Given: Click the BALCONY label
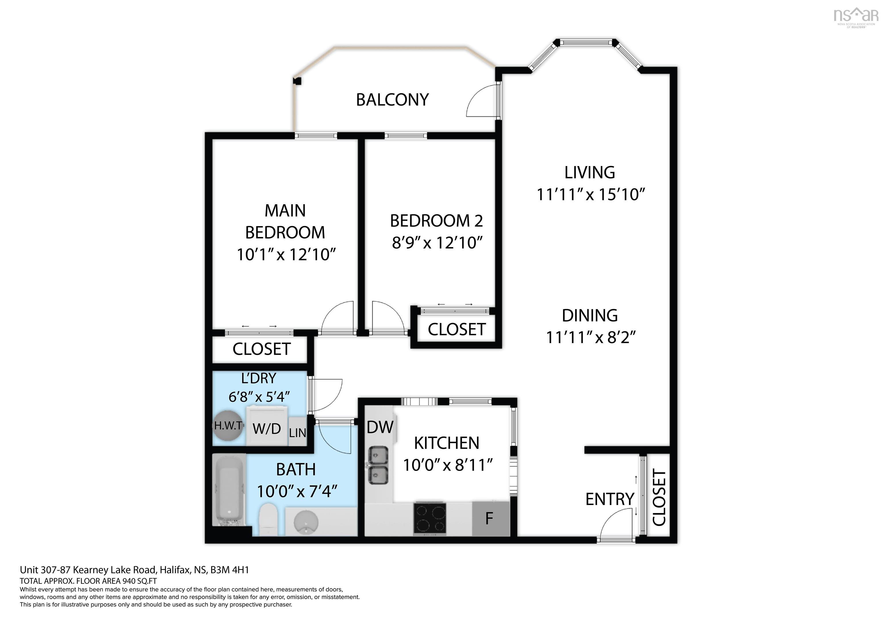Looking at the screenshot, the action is [392, 100].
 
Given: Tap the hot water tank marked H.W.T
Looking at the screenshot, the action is [229, 426].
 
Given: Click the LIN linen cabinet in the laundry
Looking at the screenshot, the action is [298, 432].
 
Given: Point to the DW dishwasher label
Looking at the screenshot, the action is [380, 427].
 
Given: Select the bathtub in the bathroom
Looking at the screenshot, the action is [229, 491].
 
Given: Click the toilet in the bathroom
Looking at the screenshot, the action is [268, 520].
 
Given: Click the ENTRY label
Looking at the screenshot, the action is [610, 499].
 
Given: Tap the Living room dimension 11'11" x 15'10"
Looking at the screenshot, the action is [590, 194].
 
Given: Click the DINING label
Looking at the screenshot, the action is [590, 316].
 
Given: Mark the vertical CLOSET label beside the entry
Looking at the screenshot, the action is [659, 498].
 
